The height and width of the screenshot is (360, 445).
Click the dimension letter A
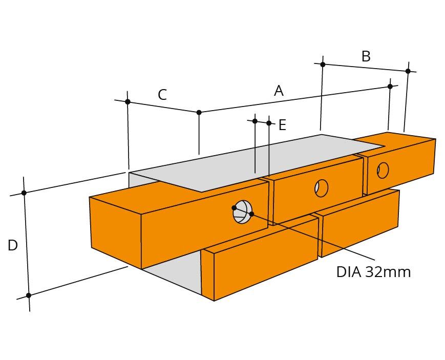(x=279, y=91)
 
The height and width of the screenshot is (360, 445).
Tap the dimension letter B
(x=366, y=56)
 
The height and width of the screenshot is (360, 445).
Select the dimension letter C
(x=162, y=95)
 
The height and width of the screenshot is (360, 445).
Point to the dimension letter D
(x=13, y=245)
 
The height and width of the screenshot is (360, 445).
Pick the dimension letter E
(x=282, y=125)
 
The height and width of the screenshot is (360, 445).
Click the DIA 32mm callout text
(x=373, y=272)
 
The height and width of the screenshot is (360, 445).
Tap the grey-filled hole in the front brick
(x=243, y=212)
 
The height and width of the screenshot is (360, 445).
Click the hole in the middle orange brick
(x=322, y=188)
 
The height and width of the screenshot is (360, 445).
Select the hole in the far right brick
(x=383, y=170)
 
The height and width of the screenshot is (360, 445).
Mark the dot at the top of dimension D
(x=24, y=193)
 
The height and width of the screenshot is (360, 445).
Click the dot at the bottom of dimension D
(x=28, y=295)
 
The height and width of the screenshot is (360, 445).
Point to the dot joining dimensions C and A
(x=199, y=113)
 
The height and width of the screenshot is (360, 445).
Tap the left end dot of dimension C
(x=128, y=101)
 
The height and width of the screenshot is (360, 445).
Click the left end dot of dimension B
(x=323, y=65)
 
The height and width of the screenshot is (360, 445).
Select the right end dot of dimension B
(x=408, y=71)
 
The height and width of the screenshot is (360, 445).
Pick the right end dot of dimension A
(x=390, y=87)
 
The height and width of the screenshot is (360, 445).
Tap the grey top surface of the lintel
(x=256, y=162)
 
